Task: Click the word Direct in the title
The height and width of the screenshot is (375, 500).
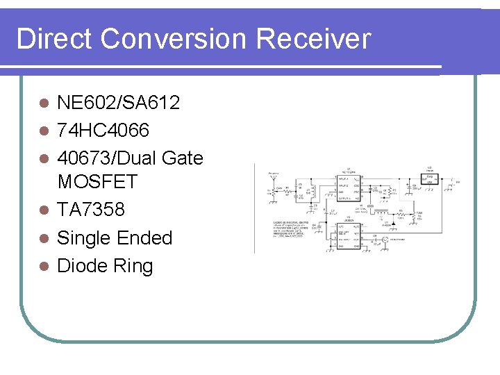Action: pyautogui.click(x=54, y=39)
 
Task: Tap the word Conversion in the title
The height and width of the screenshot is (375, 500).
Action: pyautogui.click(x=174, y=39)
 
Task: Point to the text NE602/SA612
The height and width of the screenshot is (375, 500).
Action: pyautogui.click(x=119, y=103)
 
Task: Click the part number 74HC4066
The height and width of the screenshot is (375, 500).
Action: pyautogui.click(x=103, y=130)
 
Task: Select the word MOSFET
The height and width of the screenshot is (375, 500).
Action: pyautogui.click(x=98, y=182)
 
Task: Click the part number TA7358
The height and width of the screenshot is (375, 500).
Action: pyautogui.click(x=90, y=210)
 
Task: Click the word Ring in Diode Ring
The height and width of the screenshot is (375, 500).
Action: pyautogui.click(x=135, y=266)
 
